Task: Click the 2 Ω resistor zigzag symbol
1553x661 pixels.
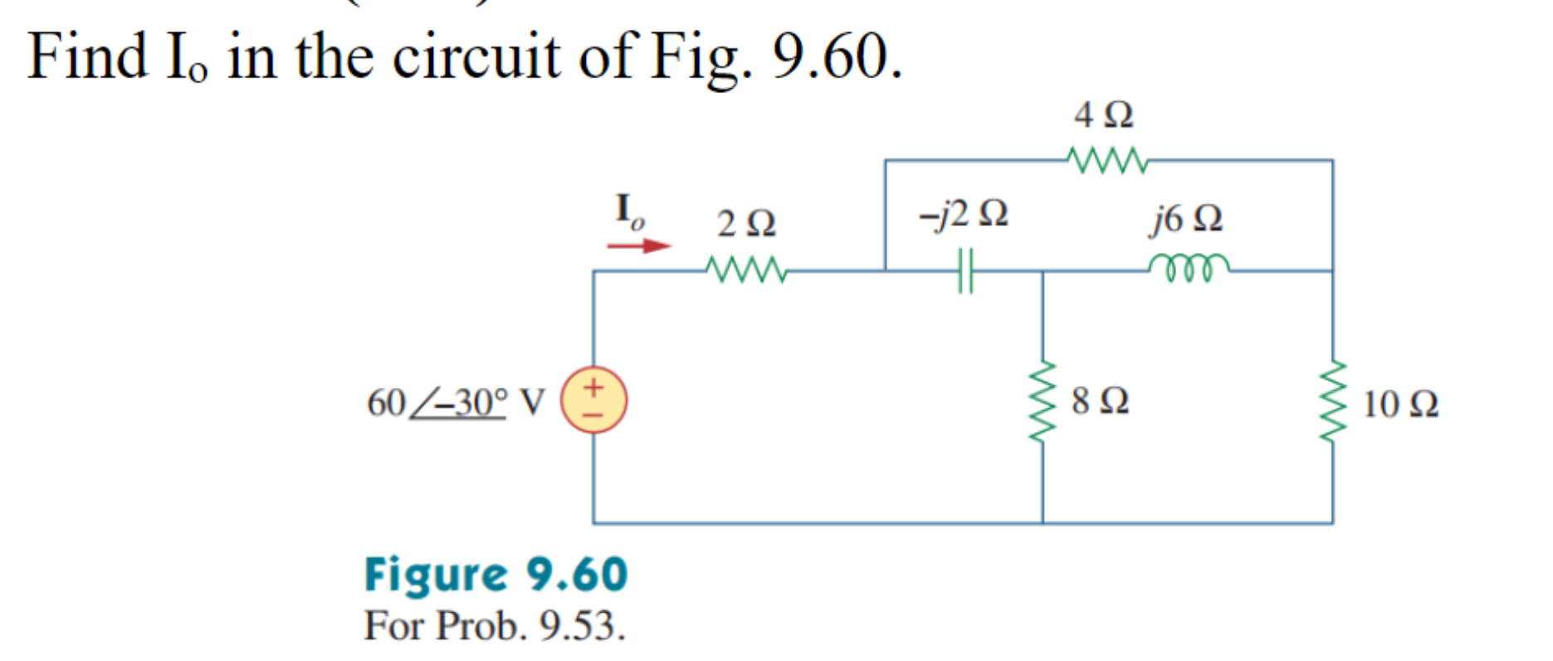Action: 745,270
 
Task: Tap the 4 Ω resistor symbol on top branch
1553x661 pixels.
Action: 1107,159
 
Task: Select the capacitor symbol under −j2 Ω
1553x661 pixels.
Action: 965,271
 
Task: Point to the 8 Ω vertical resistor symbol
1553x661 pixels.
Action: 1043,401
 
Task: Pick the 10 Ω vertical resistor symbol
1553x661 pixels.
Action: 1333,403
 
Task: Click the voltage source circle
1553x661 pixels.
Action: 593,400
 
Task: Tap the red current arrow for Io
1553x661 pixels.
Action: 638,246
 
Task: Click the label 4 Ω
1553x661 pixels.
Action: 1103,115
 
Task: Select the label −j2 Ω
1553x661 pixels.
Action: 963,214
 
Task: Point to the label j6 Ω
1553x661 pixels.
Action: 1185,218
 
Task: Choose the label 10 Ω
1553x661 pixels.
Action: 1400,404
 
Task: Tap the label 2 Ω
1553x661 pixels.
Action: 746,223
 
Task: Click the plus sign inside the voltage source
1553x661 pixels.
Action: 593,387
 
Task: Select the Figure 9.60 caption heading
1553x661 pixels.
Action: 496,575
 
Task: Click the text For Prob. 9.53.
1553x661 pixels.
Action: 494,625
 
